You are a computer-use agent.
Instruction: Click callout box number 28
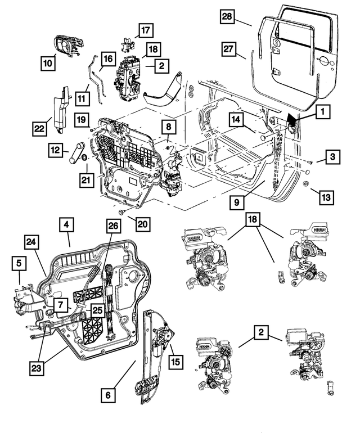pos(227,18)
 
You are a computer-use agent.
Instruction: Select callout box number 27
pos(227,49)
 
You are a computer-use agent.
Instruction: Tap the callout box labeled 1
pos(322,112)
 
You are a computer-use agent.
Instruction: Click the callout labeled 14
pos(237,119)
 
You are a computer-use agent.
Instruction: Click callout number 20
pos(142,224)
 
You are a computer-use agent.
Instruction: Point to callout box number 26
pos(113,226)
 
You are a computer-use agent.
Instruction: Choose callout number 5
pos(19,262)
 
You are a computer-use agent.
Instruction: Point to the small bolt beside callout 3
pos(309,161)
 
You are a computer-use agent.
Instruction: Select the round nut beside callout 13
pos(304,185)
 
